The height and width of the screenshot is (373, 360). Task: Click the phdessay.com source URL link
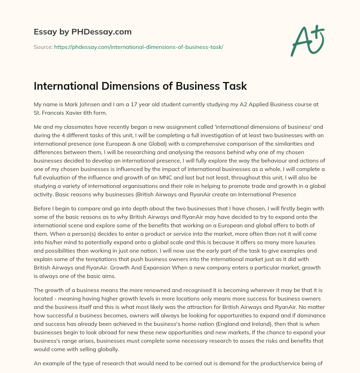[x=139, y=47]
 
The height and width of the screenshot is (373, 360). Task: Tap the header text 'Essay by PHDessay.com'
[x=83, y=32]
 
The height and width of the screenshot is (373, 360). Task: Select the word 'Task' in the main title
[x=236, y=86]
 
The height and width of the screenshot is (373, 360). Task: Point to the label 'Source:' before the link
[x=43, y=47]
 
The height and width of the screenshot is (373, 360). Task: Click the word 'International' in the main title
[x=66, y=86]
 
